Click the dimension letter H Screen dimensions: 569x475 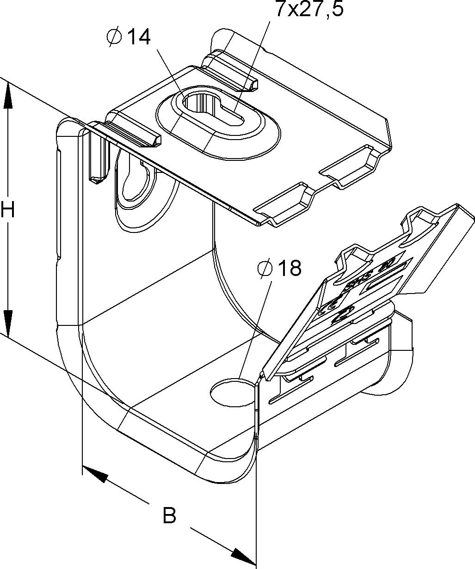tap(8, 210)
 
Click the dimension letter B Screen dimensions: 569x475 tap(170, 515)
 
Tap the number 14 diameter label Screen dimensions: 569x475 tap(138, 37)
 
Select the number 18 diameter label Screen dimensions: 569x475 tap(289, 268)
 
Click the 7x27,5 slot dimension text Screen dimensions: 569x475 tap(309, 9)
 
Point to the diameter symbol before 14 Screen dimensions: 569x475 tap(114, 37)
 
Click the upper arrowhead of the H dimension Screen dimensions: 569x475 tap(7, 95)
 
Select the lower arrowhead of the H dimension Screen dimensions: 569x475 tap(7, 321)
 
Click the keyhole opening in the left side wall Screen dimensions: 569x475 tap(134, 183)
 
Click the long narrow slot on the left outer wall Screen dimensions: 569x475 tap(59, 203)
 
